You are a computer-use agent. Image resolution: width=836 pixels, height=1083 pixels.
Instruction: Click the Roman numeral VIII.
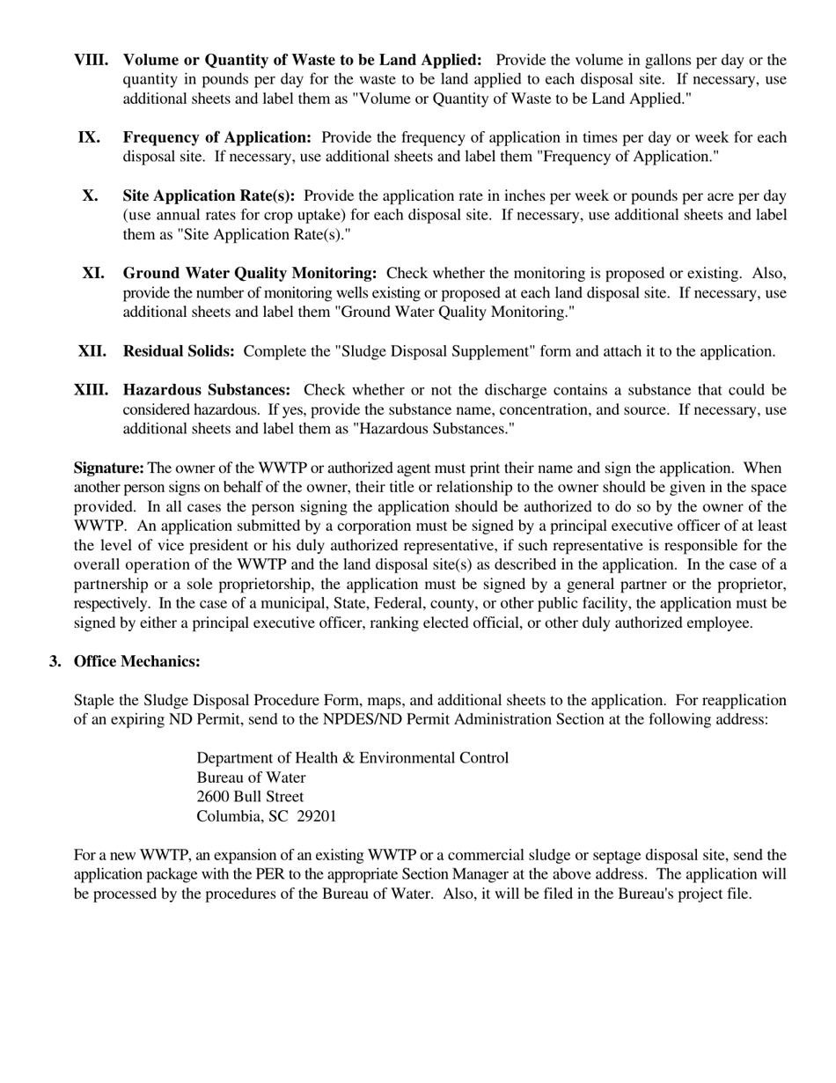pos(92,60)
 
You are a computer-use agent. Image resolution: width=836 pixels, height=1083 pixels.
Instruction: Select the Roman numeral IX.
pos(89,137)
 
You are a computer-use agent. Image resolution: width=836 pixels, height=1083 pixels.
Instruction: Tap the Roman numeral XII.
pos(92,351)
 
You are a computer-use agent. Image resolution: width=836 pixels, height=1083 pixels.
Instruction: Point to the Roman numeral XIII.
pos(92,390)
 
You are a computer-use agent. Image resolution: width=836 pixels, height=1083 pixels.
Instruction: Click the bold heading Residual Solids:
pos(179,351)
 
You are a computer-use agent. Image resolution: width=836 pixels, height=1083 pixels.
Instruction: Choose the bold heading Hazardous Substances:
pos(207,390)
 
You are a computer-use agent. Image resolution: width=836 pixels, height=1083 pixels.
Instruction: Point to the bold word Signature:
pos(109,468)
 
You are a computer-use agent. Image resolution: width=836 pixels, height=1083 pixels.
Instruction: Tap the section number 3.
pos(55,661)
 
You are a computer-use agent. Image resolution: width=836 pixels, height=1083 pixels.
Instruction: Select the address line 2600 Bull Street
pos(250,797)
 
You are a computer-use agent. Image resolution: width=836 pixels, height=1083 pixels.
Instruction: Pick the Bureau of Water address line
pos(251,777)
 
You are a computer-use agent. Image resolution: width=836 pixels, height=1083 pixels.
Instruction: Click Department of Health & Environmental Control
pos(352,758)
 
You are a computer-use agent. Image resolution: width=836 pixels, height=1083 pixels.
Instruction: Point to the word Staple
pos(95,700)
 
